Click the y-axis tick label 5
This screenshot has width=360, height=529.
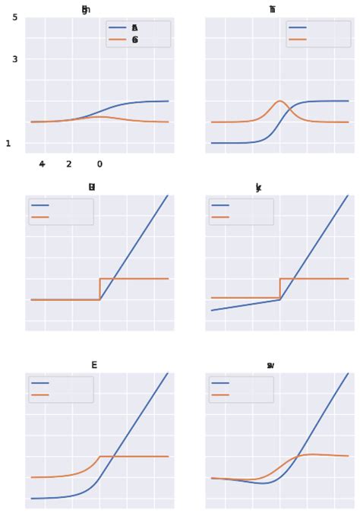point(15,17)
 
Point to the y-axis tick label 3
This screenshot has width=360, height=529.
point(15,59)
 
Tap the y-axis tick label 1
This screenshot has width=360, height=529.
point(8,143)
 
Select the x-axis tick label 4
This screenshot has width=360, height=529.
point(42,164)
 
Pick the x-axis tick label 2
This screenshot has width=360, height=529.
point(68,164)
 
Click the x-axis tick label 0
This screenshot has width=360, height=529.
point(99,164)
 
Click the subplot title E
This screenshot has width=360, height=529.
point(94,365)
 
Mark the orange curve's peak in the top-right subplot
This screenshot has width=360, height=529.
point(279,100)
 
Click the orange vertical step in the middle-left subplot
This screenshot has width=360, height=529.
point(99,289)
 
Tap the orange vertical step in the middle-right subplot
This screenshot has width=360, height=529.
point(280,288)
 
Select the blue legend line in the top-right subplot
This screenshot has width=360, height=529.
point(297,27)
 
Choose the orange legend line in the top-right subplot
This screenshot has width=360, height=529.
point(297,39)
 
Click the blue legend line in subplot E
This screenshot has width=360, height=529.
point(40,383)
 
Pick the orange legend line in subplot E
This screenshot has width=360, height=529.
point(40,395)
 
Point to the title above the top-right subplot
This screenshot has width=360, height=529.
point(272,10)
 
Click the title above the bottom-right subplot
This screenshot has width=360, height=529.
point(270,366)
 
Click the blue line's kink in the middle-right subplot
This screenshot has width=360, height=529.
point(280,299)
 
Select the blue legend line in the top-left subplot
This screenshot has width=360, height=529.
point(118,27)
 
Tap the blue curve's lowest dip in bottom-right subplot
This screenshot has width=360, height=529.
point(264,483)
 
